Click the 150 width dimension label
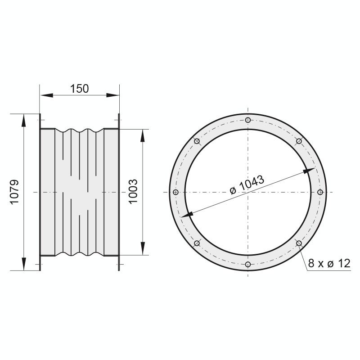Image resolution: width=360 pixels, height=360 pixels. coord(79,89)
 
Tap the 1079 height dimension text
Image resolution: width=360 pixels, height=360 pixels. coord(14,192)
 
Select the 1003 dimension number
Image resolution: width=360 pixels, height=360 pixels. coord(133,192)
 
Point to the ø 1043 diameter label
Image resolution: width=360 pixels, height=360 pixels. coord(247,185)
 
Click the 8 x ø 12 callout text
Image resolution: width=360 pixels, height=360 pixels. coord(329,263)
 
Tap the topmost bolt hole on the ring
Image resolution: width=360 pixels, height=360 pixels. coord(248,120)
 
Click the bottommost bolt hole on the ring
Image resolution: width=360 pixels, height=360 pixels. coord(248,264)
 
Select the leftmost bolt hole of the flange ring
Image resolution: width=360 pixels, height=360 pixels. coord(175,192)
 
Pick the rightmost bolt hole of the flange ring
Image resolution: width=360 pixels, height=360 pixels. coord(320,192)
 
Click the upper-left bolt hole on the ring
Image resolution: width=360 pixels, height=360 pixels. coord(197,141)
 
